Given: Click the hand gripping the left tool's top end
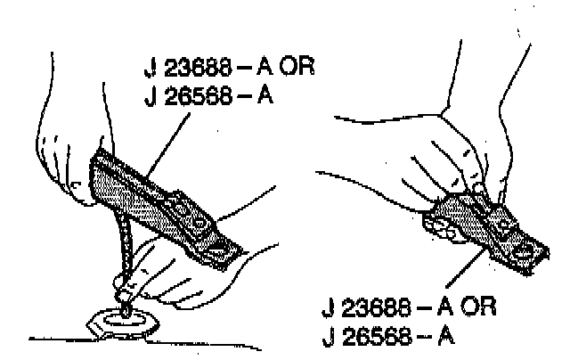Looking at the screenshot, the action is tap(71, 134).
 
